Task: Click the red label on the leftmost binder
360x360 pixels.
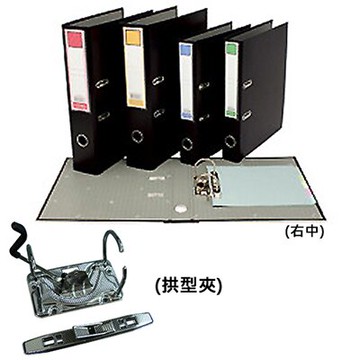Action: tap(72, 40)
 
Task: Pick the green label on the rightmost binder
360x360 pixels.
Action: tap(232, 48)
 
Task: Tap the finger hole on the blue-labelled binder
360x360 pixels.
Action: tap(189, 141)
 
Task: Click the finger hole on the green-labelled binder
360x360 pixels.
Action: tap(231, 141)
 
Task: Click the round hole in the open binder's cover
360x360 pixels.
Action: tap(179, 208)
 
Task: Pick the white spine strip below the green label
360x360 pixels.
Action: tap(232, 80)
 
